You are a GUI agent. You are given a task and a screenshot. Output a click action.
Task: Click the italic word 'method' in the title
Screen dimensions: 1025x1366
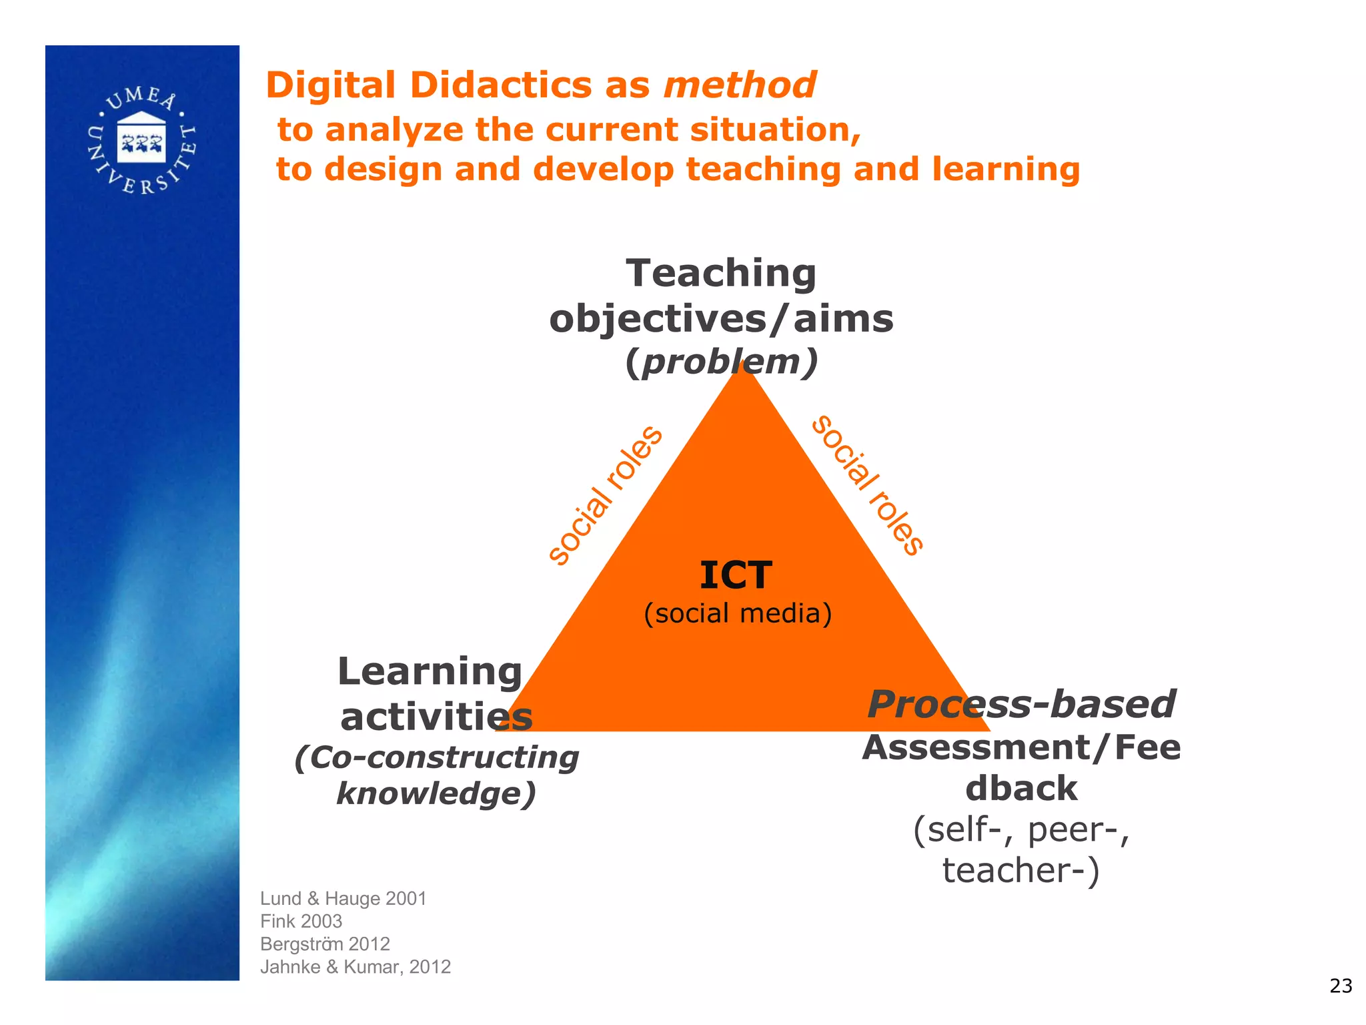[740, 85]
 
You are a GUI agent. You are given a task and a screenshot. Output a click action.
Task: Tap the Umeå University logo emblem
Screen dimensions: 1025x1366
[141, 140]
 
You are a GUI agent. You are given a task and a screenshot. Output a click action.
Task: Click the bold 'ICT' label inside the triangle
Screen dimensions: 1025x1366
[736, 575]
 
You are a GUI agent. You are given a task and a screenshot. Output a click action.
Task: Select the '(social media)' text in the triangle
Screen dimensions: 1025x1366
[738, 613]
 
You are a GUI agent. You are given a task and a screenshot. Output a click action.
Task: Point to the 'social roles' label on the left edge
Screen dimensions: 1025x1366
[604, 495]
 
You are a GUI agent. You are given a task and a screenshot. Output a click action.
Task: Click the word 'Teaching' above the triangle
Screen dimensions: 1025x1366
[721, 274]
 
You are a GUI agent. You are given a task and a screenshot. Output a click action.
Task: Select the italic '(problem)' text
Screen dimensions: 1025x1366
[721, 362]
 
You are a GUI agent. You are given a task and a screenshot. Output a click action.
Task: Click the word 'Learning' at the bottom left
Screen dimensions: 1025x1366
[430, 671]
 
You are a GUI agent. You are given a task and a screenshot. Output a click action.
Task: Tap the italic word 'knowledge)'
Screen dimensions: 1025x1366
[436, 793]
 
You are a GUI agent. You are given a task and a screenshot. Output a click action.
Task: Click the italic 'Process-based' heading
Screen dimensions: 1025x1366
[1021, 705]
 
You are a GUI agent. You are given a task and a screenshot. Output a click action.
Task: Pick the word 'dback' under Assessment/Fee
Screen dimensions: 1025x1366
[1021, 789]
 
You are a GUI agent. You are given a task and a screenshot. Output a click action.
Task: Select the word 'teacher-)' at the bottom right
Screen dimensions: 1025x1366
[1021, 870]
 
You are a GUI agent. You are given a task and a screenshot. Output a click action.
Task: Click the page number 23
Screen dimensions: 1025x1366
[1341, 986]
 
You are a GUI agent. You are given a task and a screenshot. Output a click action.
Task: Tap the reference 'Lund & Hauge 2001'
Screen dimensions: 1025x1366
[344, 899]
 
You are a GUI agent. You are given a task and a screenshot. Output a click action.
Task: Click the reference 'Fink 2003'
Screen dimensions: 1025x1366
[301, 922]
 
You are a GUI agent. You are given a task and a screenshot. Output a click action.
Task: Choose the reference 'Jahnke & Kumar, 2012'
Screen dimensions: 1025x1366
[356, 967]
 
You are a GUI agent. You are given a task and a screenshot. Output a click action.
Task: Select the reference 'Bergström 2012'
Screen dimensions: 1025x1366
[325, 944]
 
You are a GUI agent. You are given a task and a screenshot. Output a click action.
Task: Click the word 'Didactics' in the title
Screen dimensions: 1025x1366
[501, 85]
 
